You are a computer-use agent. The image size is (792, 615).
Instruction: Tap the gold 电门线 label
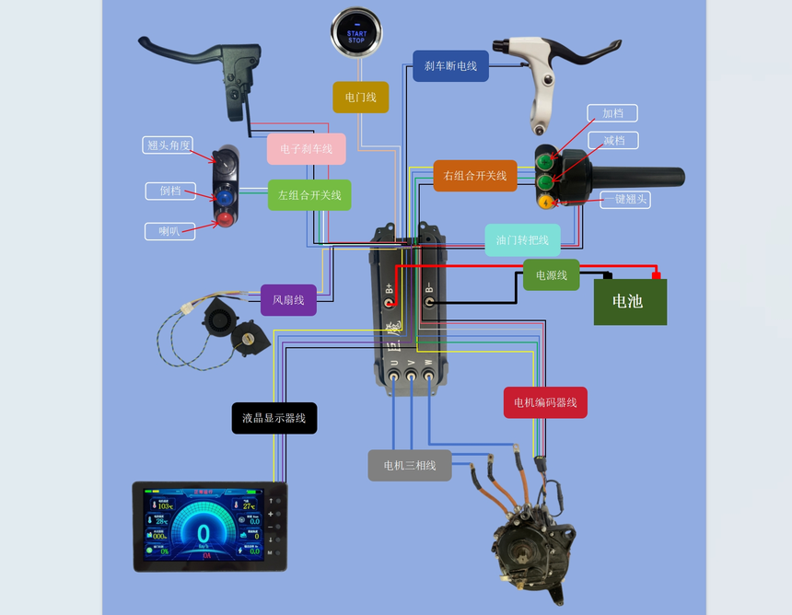(361, 97)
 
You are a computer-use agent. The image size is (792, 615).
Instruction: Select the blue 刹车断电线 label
(450, 66)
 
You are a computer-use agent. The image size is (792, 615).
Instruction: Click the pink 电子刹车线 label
(307, 148)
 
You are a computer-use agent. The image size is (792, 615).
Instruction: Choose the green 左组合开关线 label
(309, 195)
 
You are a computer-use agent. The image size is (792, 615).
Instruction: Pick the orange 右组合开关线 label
(475, 176)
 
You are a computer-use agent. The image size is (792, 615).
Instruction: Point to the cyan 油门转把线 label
(522, 240)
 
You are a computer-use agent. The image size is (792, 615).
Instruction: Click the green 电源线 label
(551, 274)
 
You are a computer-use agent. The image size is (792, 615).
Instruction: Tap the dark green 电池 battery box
(630, 302)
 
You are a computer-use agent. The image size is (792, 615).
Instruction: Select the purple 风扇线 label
(288, 299)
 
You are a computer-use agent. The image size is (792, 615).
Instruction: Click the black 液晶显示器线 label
(274, 418)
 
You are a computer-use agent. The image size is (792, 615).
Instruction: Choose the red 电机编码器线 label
(545, 402)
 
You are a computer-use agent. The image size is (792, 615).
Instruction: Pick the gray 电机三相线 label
(410, 465)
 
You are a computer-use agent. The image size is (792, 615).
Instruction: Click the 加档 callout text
(612, 113)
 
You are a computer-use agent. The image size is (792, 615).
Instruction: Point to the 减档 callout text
(614, 141)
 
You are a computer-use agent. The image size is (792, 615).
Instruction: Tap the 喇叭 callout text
(169, 231)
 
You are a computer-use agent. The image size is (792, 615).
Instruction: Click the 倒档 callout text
(170, 191)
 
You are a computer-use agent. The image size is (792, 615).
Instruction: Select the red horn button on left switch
(225, 217)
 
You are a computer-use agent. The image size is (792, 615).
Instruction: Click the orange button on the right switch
(545, 202)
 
